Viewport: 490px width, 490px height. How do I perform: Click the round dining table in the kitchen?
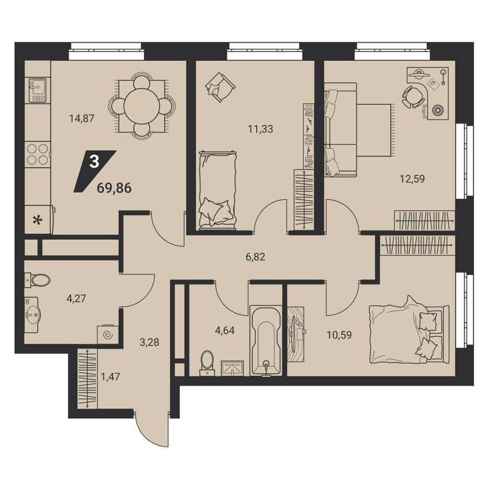click(141, 106)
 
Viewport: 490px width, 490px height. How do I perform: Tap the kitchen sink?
click(37, 89)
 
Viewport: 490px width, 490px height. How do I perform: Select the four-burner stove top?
click(37, 154)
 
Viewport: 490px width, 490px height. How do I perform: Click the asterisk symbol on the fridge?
click(37, 220)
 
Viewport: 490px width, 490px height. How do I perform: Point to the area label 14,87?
click(81, 118)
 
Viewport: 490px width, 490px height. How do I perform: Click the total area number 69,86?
click(114, 188)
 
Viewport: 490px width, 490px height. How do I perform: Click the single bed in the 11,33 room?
click(217, 189)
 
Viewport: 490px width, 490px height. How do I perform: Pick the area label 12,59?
click(413, 179)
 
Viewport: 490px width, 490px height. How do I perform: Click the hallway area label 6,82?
click(255, 257)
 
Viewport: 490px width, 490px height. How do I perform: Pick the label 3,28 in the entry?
click(150, 342)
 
